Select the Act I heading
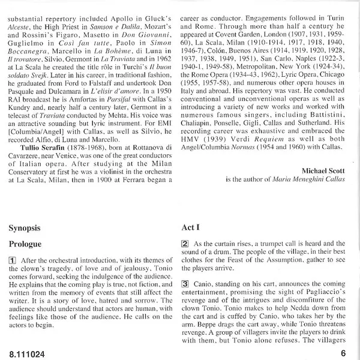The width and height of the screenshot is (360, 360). tap(191, 229)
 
